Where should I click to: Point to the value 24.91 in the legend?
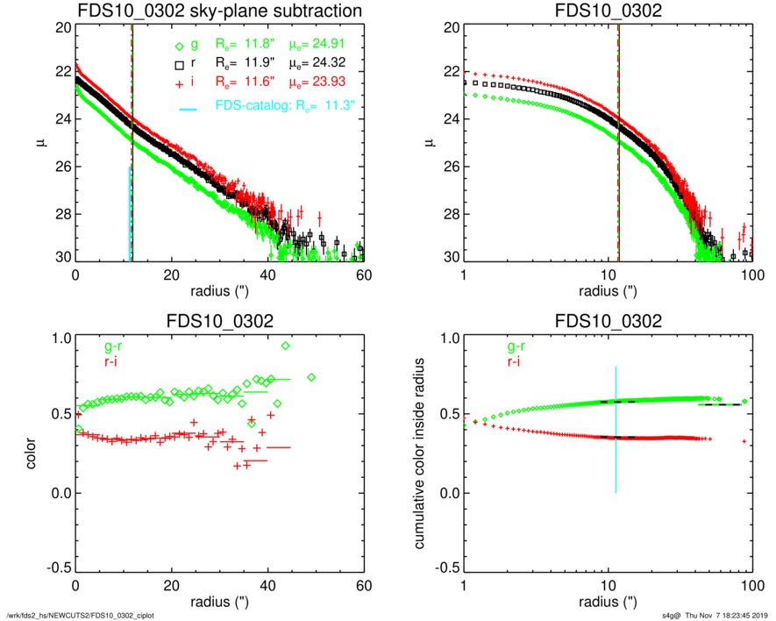coord(335,46)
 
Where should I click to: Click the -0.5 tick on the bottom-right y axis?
coord(444,568)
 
